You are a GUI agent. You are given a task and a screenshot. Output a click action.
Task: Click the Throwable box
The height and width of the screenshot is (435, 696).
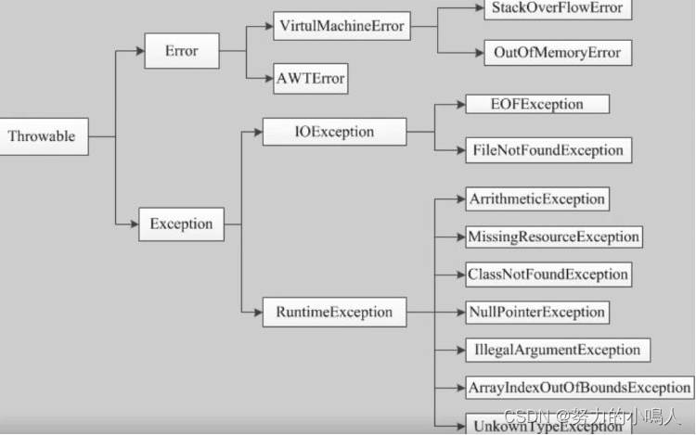44,136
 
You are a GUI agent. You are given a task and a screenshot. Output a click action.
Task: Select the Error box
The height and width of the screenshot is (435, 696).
182,51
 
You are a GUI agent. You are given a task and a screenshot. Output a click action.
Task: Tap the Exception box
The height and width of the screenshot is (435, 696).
181,224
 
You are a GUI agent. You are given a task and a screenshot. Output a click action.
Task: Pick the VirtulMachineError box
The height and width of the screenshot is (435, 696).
342,26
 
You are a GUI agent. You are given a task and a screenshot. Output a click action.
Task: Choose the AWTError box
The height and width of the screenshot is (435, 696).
311,79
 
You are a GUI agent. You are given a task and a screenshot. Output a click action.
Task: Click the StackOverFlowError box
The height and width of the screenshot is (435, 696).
558,9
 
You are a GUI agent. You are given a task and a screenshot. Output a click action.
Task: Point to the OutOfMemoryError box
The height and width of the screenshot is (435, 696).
558,53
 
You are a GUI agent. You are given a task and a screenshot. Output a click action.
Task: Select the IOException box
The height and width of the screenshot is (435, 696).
334,132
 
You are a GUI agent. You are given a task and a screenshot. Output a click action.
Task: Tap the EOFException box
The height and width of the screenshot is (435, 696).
537,104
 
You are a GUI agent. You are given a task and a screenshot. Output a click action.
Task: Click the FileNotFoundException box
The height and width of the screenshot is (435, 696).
548,150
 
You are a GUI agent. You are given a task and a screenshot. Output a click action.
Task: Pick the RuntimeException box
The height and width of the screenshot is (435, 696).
334,313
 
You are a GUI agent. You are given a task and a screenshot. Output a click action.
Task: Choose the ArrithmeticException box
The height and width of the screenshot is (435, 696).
537,199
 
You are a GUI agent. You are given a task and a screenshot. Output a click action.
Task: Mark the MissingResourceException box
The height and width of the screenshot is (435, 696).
553,237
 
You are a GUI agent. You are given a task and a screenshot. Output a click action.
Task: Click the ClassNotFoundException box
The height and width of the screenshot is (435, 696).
548,275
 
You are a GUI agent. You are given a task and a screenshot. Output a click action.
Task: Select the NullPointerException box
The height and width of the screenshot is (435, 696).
537,313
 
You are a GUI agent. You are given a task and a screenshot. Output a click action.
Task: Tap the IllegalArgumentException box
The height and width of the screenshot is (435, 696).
558,350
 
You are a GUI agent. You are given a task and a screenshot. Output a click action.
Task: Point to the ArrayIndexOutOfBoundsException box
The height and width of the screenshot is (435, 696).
579,388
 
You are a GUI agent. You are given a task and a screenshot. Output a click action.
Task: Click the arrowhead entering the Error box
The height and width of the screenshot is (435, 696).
140,51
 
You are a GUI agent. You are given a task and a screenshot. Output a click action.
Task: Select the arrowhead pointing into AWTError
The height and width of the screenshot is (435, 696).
269,79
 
